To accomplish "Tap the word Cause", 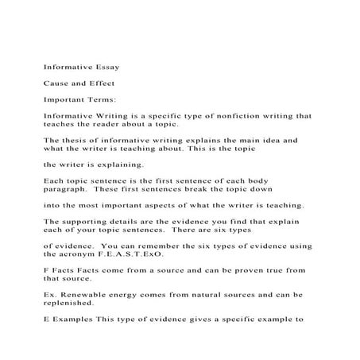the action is click(x=57, y=83).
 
